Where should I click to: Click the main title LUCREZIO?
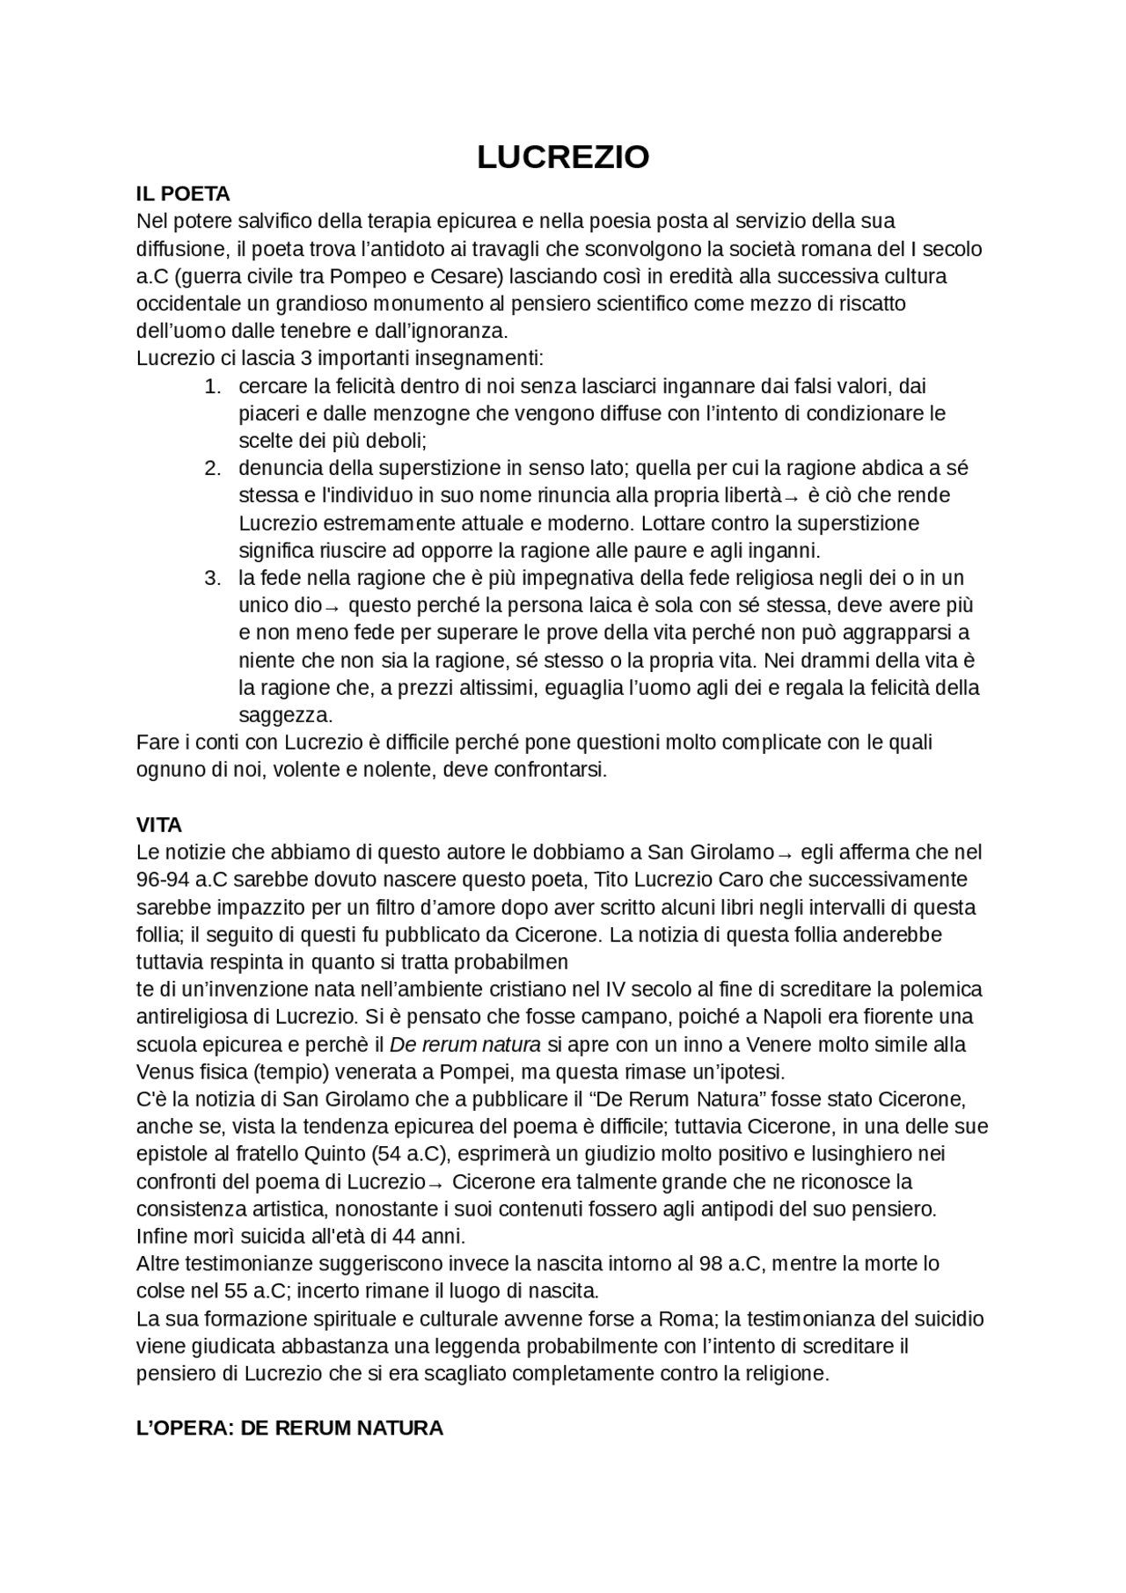(563, 157)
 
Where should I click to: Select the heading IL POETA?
(183, 194)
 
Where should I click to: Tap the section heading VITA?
(159, 825)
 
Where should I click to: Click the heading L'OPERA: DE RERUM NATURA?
(289, 1428)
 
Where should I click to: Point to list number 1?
(211, 386)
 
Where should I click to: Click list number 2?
(211, 468)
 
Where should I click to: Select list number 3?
(211, 578)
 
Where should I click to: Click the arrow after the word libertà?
(790, 498)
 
